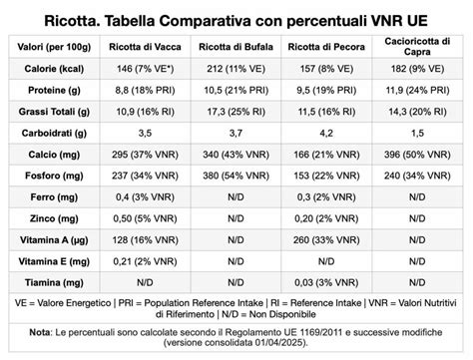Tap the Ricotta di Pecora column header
click(x=330, y=46)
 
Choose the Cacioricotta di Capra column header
click(x=418, y=46)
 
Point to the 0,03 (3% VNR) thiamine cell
click(x=330, y=282)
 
